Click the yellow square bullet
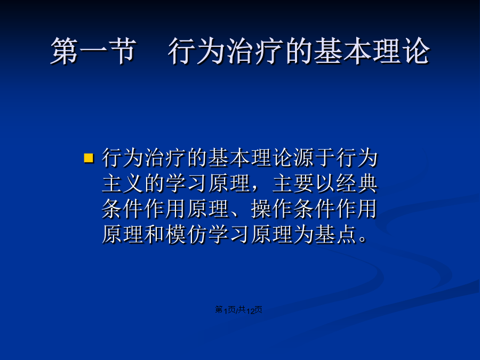[89, 158]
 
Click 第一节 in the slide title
[93, 51]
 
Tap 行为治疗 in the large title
[226, 51]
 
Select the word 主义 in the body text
[123, 183]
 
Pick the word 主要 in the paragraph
[293, 183]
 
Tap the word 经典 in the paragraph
[357, 183]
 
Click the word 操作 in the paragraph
[271, 209]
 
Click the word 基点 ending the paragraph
[335, 235]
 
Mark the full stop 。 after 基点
[363, 239]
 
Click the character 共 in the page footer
[242, 310]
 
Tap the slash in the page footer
[237, 310]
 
